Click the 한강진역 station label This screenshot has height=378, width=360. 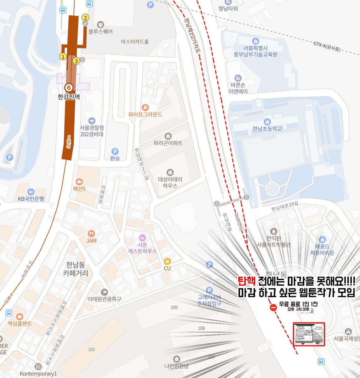coord(69,97)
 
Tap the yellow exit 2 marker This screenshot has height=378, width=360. coord(85,17)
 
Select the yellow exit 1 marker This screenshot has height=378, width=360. coord(63,57)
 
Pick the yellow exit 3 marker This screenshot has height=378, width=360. coord(76,60)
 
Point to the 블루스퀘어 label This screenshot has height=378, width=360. coord(100,32)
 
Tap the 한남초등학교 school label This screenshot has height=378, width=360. coord(267,129)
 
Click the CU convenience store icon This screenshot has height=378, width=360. coord(167,261)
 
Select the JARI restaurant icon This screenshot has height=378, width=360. coord(91,233)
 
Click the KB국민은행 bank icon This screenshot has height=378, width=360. coord(31,192)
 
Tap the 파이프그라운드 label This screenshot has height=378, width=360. coord(145,114)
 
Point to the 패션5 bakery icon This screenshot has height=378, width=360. coord(79,181)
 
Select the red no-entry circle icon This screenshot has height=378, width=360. coord(273,308)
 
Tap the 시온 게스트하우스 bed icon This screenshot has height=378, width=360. coord(142,237)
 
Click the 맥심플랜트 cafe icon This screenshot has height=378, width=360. coord(20,316)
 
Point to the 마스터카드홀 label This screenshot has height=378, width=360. coord(135,42)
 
